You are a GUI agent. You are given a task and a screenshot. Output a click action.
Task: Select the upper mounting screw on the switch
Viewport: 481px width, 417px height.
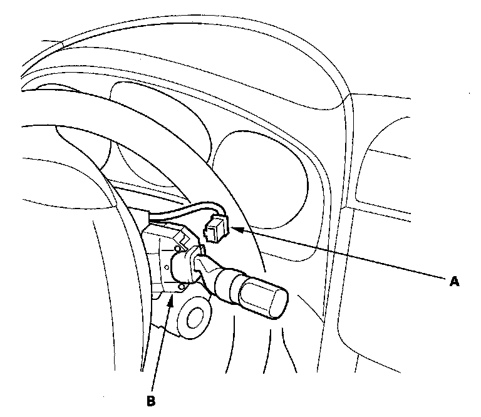pos(177,250)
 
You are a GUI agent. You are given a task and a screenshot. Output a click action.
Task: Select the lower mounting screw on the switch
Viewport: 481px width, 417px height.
pos(181,287)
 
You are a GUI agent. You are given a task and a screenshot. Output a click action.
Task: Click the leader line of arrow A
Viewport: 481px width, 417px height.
pos(344,257)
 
